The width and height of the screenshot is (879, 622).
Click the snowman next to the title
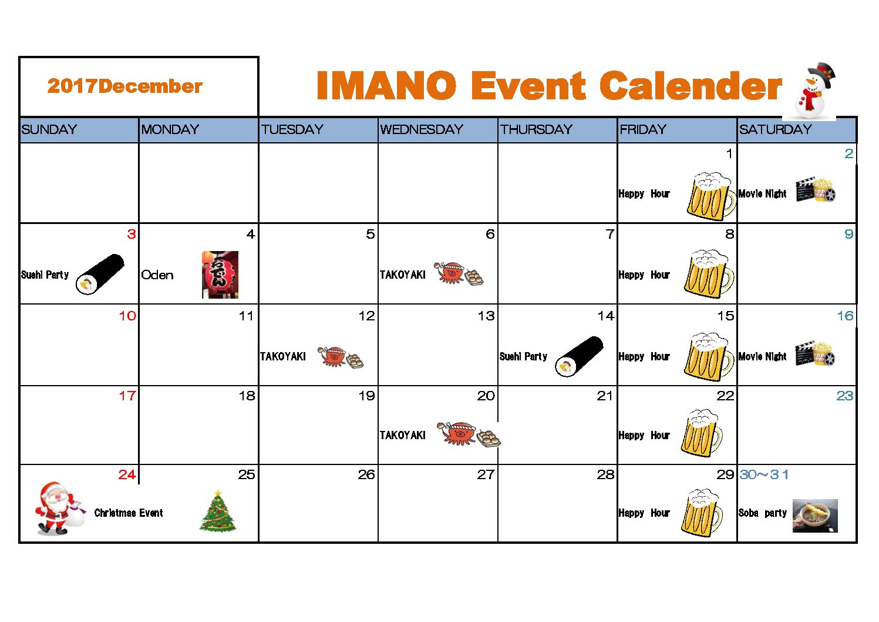(x=813, y=91)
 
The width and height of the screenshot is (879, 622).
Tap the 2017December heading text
(x=125, y=86)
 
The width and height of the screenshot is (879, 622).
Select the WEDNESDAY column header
(x=422, y=129)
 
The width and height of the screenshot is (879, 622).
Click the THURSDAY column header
(x=536, y=129)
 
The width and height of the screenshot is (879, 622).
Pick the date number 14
(x=605, y=316)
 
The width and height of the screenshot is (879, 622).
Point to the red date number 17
(x=127, y=395)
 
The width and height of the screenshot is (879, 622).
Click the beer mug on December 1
(x=710, y=196)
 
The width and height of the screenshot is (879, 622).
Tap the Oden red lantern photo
(x=220, y=275)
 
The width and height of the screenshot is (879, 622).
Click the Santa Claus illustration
(x=59, y=508)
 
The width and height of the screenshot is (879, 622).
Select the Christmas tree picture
(x=218, y=511)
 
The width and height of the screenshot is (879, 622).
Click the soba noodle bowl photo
(x=815, y=516)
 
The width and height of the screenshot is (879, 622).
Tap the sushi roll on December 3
(x=100, y=275)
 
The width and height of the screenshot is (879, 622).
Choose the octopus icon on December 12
(x=333, y=356)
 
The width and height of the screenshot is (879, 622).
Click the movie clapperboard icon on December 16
(x=804, y=355)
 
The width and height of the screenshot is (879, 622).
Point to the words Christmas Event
(x=129, y=513)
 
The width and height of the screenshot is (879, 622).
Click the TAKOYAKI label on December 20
(x=402, y=435)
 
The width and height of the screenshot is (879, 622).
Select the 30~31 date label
(x=764, y=474)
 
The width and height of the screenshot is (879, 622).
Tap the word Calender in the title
(x=691, y=85)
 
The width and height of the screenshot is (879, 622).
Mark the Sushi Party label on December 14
(x=523, y=356)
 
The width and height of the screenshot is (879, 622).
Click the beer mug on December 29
(x=702, y=513)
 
